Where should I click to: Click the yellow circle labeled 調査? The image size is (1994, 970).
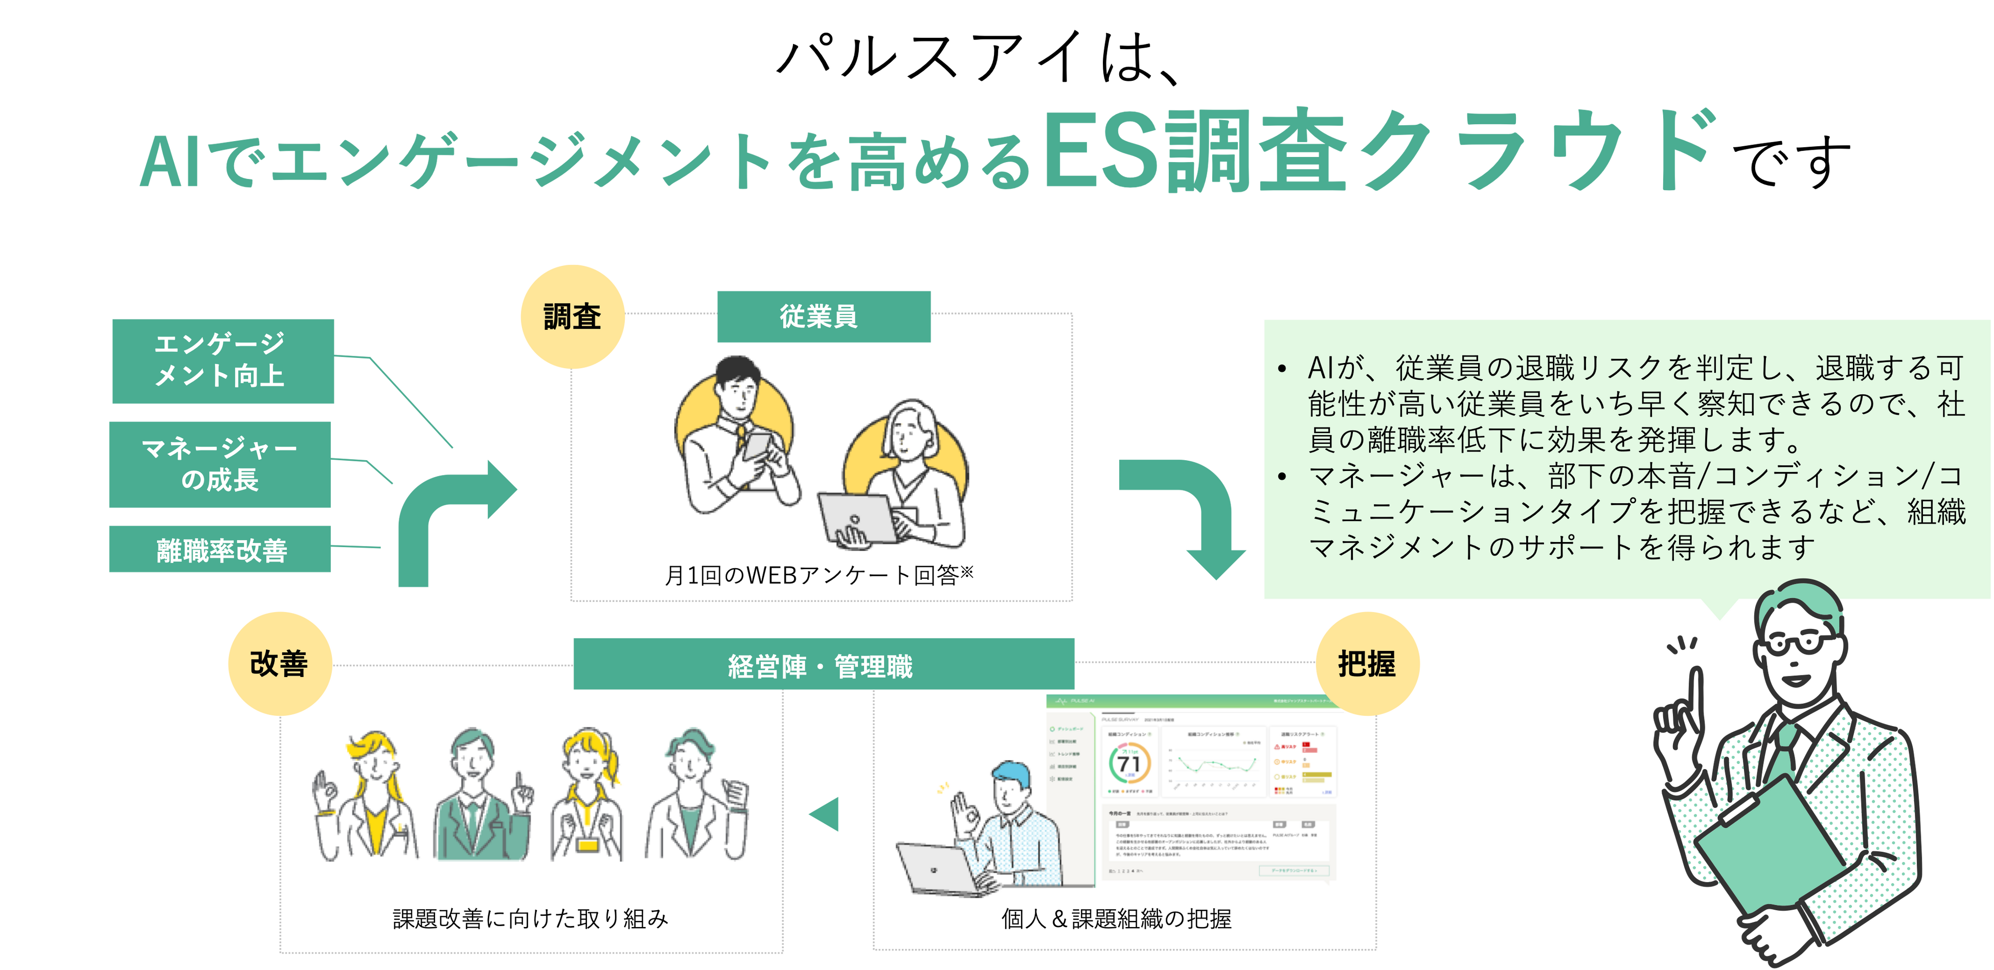(x=572, y=317)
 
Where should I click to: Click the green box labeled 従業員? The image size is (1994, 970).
(x=824, y=317)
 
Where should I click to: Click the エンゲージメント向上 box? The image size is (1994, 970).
(x=222, y=361)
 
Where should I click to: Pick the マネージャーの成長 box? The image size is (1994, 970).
(x=220, y=464)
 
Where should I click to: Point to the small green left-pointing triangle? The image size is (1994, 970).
(x=825, y=815)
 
